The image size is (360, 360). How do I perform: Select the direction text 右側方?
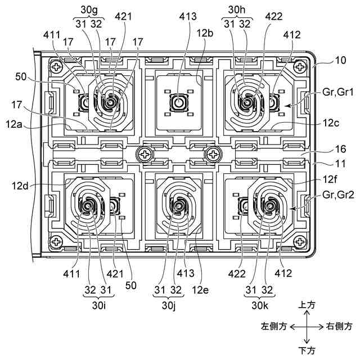point(340,326)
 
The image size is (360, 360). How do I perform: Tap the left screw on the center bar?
point(146,153)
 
